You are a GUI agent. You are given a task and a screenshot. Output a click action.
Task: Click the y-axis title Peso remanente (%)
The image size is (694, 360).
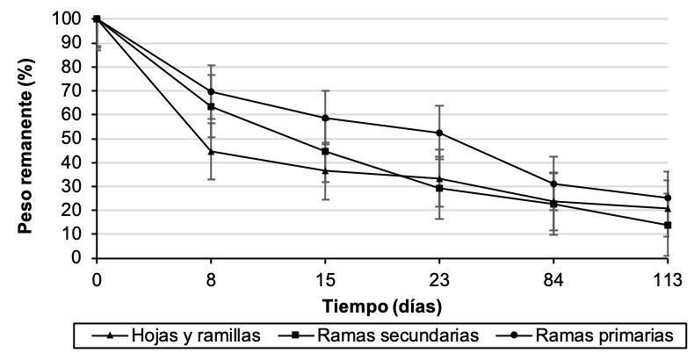26,139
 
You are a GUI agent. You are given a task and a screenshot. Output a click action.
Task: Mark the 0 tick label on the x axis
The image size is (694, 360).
96,280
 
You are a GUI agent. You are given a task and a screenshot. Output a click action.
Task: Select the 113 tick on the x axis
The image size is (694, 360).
668,280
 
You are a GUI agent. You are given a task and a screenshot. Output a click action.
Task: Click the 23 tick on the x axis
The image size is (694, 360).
439,280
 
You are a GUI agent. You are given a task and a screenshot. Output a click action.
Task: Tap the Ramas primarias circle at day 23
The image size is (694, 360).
439,133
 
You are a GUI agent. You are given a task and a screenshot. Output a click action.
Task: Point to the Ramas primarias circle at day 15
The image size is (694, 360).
325,118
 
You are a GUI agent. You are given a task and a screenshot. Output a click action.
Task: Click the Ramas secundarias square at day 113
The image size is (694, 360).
668,225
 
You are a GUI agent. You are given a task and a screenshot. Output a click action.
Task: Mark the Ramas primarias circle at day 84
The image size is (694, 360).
553,184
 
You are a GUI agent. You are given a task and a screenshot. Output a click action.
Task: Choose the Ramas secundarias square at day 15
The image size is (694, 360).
325,151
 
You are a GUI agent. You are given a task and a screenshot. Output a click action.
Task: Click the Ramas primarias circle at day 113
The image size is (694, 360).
668,198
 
